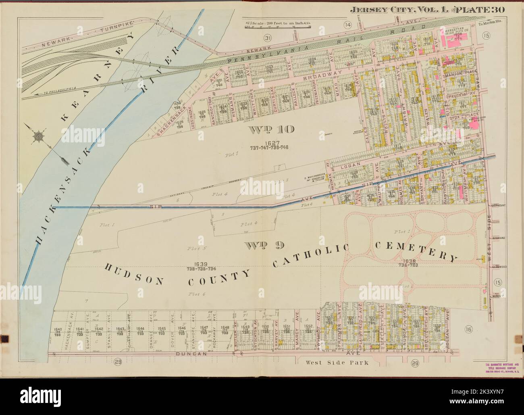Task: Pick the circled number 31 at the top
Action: tap(266, 38)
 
